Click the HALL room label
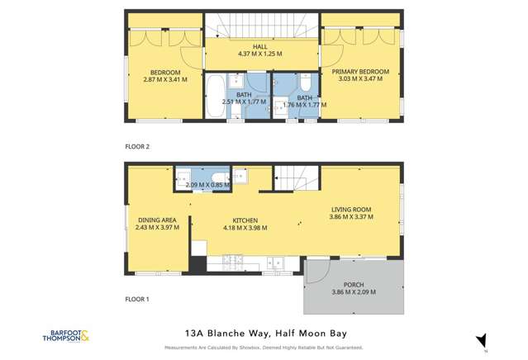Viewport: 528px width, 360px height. (261, 47)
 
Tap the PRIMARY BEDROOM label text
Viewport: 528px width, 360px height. (360, 72)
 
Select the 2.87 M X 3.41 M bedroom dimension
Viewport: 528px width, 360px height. (165, 80)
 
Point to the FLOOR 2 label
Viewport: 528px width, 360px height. (137, 146)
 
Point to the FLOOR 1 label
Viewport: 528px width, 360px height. (137, 298)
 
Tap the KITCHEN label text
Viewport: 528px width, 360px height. (245, 220)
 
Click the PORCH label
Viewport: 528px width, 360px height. (354, 285)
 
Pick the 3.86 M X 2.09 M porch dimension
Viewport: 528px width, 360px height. (354, 292)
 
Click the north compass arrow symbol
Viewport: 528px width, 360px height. (481, 339)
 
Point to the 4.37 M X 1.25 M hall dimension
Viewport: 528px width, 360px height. (261, 54)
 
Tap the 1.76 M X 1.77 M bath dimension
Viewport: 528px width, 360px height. (305, 106)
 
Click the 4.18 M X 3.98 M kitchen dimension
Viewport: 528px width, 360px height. (245, 228)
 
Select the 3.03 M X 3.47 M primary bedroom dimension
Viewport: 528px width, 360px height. (360, 79)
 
